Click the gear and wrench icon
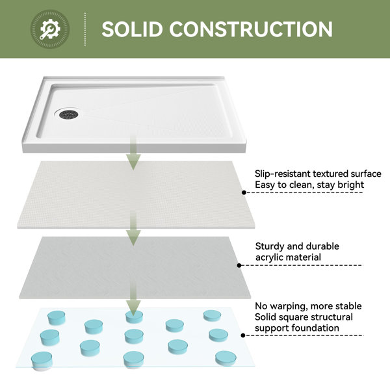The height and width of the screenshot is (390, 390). tap(50, 29)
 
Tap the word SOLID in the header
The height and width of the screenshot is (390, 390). tap(132, 29)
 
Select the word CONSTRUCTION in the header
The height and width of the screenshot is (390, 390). tap(251, 29)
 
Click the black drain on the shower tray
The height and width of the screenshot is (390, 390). tap(69, 114)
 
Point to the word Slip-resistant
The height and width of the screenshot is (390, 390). tap(282, 174)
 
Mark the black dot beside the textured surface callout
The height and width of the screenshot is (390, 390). tap(244, 192)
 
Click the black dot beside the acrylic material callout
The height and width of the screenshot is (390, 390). tap(239, 265)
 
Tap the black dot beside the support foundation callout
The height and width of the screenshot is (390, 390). tap(243, 335)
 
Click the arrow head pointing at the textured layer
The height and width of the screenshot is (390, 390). tap(133, 162)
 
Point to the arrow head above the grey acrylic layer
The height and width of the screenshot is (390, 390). tap(133, 237)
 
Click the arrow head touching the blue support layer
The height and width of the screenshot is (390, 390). tap(133, 308)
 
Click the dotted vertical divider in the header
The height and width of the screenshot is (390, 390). tap(85, 29)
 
